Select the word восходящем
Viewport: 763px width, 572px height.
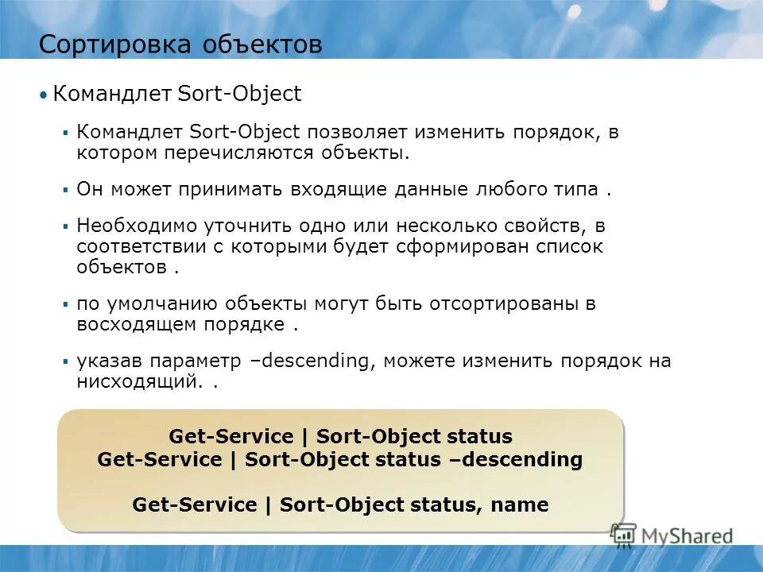click(x=130, y=324)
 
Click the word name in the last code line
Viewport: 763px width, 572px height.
click(x=520, y=504)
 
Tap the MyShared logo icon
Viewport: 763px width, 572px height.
click(x=624, y=535)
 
